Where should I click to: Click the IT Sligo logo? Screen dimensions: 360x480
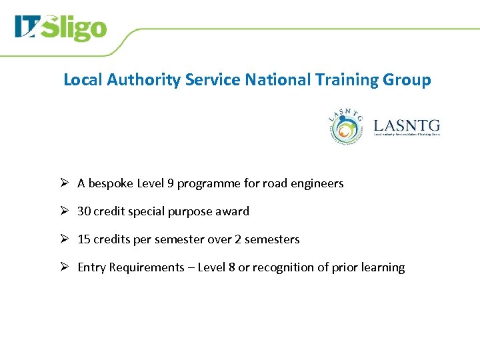[x=60, y=28]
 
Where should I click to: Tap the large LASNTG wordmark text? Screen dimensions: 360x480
[x=407, y=124]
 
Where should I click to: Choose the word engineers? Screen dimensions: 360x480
[x=317, y=183]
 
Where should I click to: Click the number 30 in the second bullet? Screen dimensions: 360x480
[x=84, y=211]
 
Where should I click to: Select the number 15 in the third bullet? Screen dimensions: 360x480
[x=84, y=239]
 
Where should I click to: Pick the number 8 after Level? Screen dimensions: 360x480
[x=231, y=267]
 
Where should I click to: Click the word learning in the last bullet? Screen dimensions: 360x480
[x=383, y=267]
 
